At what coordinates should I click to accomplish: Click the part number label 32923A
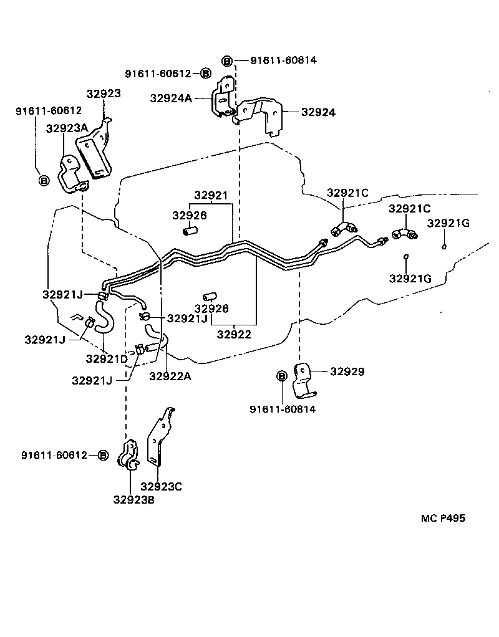67,128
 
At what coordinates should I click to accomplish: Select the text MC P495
442,518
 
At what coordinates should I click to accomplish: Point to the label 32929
347,371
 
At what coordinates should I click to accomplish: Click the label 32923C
161,486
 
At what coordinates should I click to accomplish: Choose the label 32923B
133,499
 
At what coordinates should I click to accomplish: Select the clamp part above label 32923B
129,456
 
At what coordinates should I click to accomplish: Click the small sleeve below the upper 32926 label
190,232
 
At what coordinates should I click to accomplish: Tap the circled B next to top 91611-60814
228,60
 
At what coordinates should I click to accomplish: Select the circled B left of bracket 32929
281,376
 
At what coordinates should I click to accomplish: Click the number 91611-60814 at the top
283,60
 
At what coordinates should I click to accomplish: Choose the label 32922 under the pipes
234,334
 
